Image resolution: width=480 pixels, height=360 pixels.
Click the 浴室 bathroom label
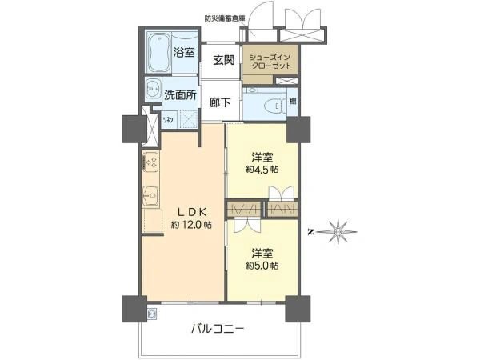tap(183, 53)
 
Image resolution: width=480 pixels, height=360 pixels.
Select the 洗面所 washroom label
tap(180, 94)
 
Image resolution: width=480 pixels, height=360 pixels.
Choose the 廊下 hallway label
tap(221, 102)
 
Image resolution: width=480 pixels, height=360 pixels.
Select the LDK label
tap(192, 211)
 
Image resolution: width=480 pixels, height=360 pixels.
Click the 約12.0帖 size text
tap(191, 226)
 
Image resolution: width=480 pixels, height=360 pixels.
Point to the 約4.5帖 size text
tap(262, 170)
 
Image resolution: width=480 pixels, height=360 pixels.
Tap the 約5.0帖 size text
tap(262, 265)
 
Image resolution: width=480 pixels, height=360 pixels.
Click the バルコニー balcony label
tap(217, 328)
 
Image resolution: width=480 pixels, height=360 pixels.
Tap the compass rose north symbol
tap(340, 230)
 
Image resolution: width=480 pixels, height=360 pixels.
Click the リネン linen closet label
tap(169, 119)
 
